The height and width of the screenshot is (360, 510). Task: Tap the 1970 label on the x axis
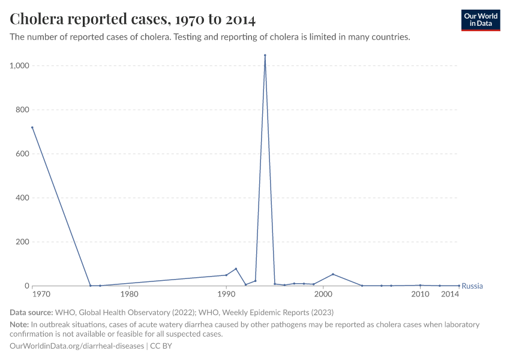32,295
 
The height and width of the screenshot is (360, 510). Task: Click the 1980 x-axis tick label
129,295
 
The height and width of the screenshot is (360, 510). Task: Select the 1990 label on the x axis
226,295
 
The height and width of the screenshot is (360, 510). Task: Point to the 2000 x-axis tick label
323,295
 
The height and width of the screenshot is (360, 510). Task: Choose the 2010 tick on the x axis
420,295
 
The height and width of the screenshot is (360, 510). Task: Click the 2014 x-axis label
451,295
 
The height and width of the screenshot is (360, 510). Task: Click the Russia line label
472,286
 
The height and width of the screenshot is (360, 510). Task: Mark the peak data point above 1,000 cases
265,55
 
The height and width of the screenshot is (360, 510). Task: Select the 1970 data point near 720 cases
32,127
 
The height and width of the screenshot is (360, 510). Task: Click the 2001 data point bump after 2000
333,274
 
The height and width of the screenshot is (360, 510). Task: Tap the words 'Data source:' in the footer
31,313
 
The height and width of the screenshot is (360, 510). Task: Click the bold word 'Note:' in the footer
20,325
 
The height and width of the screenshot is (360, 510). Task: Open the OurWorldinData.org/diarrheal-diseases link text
77,346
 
